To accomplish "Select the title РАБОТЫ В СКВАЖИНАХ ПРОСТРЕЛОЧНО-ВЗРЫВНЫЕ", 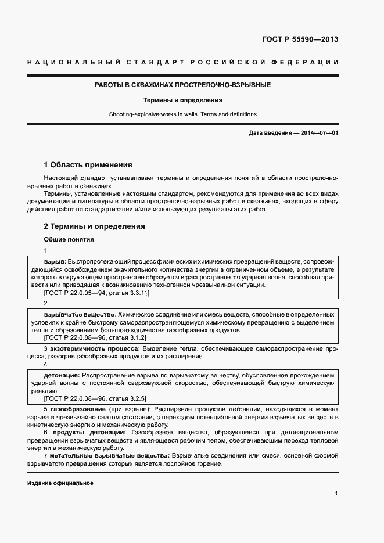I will [x=183, y=85].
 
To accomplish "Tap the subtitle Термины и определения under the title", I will [x=183, y=100].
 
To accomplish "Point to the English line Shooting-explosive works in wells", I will [x=183, y=114].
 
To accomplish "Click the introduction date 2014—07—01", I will [x=319, y=133].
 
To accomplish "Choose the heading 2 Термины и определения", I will [x=95, y=226].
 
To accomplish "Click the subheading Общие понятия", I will [x=69, y=239].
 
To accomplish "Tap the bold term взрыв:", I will [x=55, y=262].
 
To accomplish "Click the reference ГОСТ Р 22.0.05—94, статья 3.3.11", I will [x=97, y=293].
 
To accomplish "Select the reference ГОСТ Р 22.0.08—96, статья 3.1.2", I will [x=95, y=337].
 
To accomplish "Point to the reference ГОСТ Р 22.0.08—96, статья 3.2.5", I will [x=95, y=398].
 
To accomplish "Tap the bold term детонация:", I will [x=62, y=375].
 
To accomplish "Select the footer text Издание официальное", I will [x=60, y=483].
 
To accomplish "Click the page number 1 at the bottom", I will [x=336, y=493].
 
